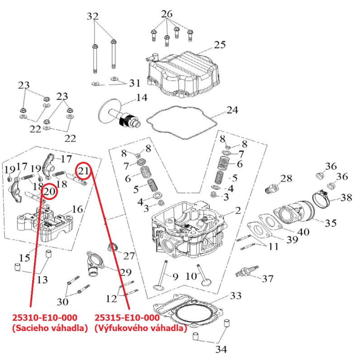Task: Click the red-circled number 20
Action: (x=50, y=192)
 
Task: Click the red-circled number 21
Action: (x=83, y=171)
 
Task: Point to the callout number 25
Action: (x=219, y=45)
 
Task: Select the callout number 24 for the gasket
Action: (x=232, y=110)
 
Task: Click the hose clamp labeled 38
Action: (x=325, y=198)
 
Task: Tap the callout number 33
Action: (x=236, y=296)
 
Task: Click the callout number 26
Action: (x=167, y=14)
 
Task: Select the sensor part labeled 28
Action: (x=272, y=186)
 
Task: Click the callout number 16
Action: (x=77, y=209)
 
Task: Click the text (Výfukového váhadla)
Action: (x=140, y=328)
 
